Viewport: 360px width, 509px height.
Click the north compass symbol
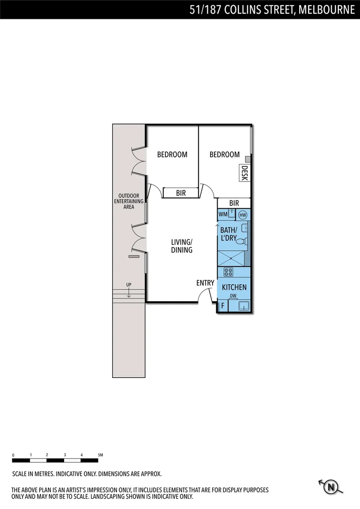click(x=332, y=486)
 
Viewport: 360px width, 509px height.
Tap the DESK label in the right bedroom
click(x=244, y=173)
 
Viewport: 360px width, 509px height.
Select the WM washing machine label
click(x=223, y=214)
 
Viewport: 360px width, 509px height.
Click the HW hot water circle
click(x=243, y=215)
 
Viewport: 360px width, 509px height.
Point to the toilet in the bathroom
click(x=241, y=242)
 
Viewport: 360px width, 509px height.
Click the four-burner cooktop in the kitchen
click(x=229, y=271)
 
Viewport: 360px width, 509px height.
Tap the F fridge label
click(x=222, y=306)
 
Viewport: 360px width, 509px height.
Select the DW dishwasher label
click(x=233, y=296)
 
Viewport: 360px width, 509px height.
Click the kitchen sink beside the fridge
click(x=243, y=306)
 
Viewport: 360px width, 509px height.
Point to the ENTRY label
click(x=205, y=283)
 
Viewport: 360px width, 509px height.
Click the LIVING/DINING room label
click(x=181, y=246)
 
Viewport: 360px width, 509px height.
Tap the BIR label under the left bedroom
click(x=180, y=193)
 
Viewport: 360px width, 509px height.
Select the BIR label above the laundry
click(x=234, y=203)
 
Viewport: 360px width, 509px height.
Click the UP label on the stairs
click(x=128, y=285)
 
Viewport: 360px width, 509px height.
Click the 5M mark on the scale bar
click(x=100, y=455)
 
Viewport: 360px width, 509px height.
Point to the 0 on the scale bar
click(x=13, y=455)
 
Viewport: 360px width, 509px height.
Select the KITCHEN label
click(x=234, y=287)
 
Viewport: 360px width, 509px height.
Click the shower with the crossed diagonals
click(x=231, y=258)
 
